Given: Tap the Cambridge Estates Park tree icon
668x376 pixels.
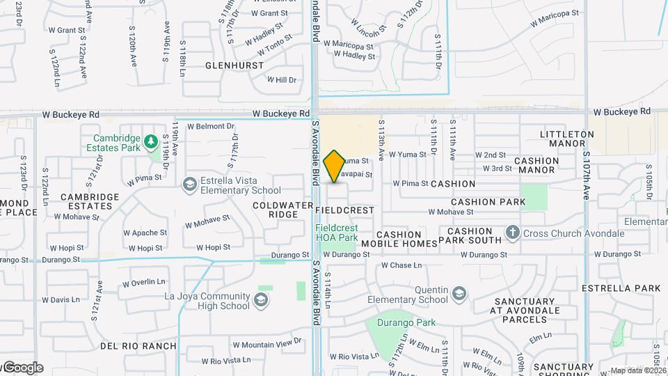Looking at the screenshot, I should (x=151, y=142).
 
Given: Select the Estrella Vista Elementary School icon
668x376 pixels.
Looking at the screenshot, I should (x=189, y=184).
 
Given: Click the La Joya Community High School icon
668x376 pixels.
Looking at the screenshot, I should (x=261, y=300).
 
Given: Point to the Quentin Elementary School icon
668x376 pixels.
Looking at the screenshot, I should (x=459, y=294).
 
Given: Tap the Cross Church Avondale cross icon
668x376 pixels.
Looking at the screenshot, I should (x=513, y=233).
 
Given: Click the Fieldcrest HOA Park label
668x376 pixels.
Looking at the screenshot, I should (x=337, y=233).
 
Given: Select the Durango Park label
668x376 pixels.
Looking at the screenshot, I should (x=406, y=322).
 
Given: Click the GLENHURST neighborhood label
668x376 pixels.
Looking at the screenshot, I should (x=234, y=65).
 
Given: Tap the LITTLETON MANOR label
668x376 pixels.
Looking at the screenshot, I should (x=567, y=139).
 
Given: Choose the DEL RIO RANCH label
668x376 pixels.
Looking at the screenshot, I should (x=138, y=346).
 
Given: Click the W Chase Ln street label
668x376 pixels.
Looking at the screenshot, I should (x=401, y=265).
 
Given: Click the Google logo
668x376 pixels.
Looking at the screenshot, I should (x=22, y=368).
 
